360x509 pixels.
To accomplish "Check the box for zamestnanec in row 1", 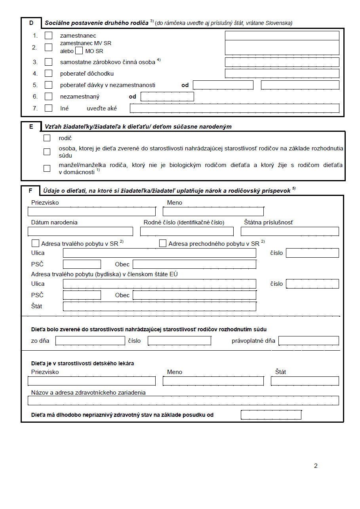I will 48,36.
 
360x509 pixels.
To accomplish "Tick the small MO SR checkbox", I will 79,51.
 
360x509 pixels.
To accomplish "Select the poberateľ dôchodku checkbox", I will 48,73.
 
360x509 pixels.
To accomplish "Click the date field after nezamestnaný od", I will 167,97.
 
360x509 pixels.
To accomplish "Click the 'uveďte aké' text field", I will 234,108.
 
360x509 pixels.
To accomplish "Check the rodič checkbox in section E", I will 47,138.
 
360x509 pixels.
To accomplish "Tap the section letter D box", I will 31,23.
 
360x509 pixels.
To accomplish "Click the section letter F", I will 30,191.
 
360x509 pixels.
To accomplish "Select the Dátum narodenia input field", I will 80,232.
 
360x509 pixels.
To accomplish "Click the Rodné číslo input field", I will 187,232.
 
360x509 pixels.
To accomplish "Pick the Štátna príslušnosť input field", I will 290,232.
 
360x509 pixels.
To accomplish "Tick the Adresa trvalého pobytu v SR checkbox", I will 35,243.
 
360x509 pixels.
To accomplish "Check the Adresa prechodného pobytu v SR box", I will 163,243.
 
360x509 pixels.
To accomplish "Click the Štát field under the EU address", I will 159,306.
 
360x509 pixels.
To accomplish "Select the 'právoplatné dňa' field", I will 309,341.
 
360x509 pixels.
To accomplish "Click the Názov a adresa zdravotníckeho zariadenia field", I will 183,401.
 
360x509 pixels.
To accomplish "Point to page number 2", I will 316,466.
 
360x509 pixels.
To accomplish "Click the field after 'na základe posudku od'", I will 271,415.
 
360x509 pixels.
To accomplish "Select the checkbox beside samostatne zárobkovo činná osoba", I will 48,62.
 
